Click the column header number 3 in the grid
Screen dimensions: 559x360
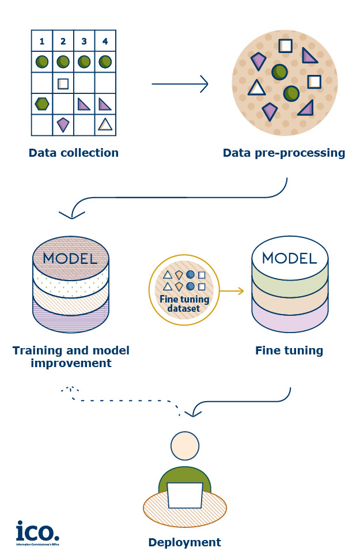[84, 41]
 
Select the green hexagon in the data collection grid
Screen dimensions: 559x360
[41, 104]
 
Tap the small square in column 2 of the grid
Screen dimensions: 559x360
[63, 83]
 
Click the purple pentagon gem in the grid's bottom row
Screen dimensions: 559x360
[63, 124]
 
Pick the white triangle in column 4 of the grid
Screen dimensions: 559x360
[105, 124]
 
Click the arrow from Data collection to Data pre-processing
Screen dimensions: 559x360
[180, 84]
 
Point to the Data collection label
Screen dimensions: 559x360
[73, 153]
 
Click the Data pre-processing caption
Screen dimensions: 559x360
[284, 153]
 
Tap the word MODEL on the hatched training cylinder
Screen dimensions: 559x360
[70, 258]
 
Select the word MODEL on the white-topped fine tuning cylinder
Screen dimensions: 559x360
[290, 258]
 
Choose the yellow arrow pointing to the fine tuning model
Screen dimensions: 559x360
[232, 292]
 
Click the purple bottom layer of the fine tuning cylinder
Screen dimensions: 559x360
[290, 320]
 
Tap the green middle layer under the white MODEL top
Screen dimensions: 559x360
[290, 282]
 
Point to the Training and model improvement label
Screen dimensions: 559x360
[71, 357]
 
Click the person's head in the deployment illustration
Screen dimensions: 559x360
[185, 445]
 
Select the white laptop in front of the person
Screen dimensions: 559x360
[185, 496]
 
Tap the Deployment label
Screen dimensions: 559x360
[184, 542]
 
